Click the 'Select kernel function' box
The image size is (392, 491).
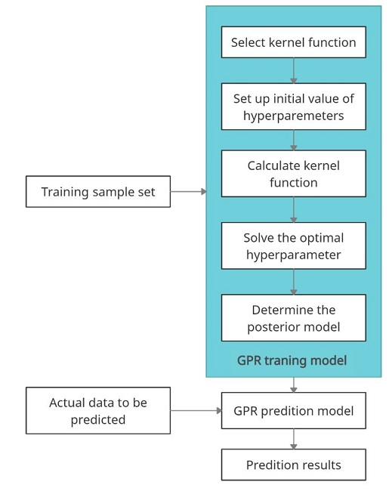click(293, 42)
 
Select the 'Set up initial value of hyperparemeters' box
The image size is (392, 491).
click(293, 107)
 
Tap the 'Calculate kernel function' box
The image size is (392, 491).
click(293, 174)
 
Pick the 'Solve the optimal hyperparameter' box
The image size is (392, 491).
click(293, 246)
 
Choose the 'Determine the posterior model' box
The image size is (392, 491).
click(293, 318)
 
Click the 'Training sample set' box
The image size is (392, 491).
click(97, 192)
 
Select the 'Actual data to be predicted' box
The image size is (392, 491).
click(97, 411)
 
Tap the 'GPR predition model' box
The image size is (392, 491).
click(293, 411)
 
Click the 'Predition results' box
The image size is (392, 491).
click(293, 465)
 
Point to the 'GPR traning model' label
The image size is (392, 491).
click(292, 360)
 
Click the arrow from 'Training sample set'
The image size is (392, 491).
click(188, 192)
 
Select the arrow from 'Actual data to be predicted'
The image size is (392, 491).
click(196, 411)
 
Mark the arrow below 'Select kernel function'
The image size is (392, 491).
click(293, 70)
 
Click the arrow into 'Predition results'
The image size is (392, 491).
click(293, 439)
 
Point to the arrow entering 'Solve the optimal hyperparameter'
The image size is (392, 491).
click(293, 210)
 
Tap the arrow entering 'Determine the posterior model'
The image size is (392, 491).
click(293, 282)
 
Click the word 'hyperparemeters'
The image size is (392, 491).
click(293, 116)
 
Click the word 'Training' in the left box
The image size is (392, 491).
click(65, 192)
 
